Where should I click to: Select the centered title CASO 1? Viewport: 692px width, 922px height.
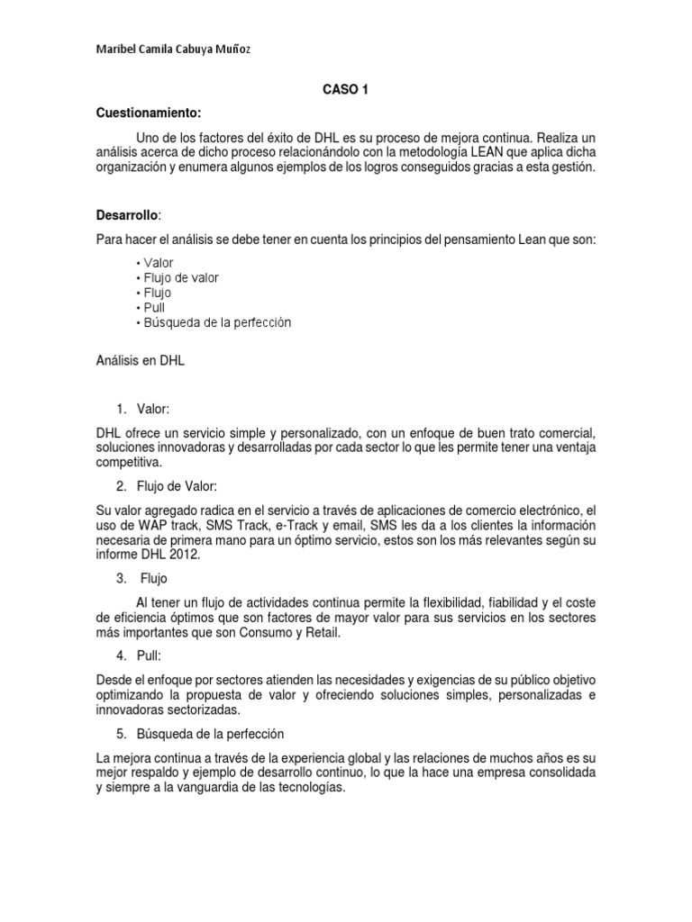tap(345, 90)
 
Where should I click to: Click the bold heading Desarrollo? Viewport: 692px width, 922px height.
tap(127, 215)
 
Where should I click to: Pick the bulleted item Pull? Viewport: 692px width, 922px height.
tap(149, 308)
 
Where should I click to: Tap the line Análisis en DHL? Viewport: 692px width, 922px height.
tap(141, 360)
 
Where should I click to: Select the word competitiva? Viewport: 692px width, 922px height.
tap(132, 463)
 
